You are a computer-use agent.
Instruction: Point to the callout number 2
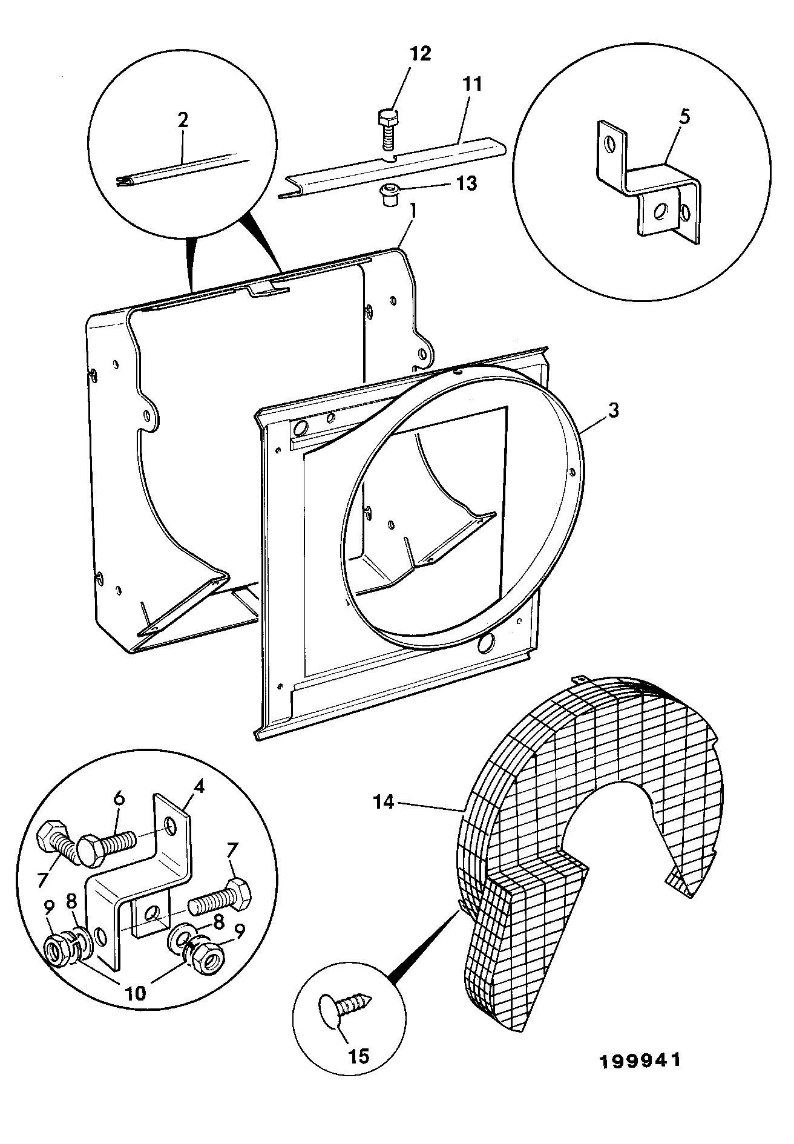click(183, 119)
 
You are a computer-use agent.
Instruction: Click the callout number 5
click(683, 117)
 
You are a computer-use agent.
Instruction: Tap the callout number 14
click(384, 803)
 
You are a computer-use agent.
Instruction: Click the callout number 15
click(359, 1056)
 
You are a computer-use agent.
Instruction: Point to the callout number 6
click(119, 798)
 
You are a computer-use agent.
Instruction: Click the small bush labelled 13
click(387, 196)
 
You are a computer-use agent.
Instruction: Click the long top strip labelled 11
click(393, 166)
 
